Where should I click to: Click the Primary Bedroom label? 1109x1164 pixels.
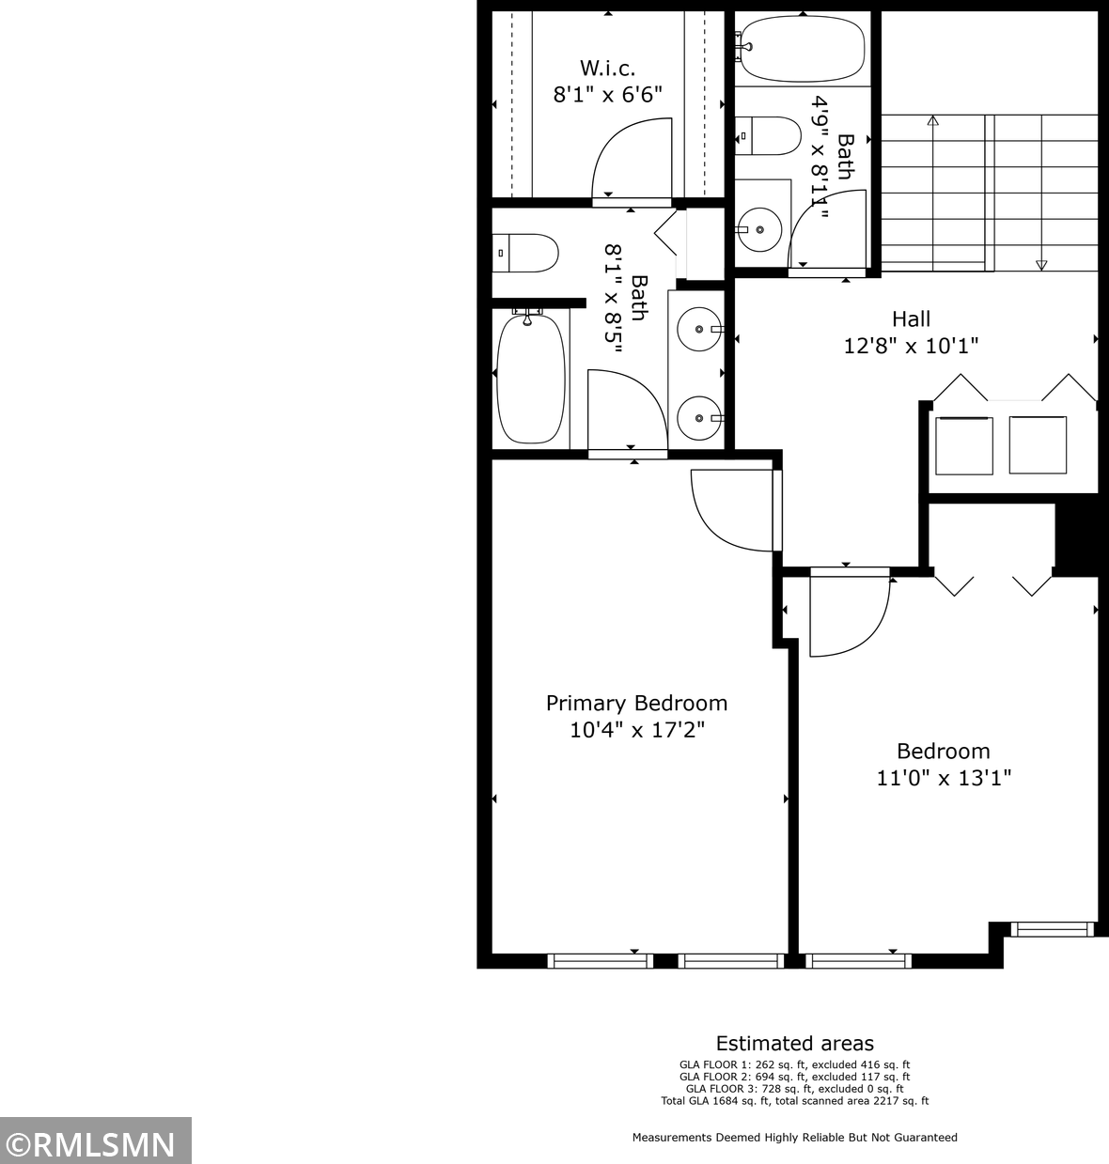pyautogui.click(x=636, y=703)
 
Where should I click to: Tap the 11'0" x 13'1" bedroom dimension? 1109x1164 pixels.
pyautogui.click(x=943, y=778)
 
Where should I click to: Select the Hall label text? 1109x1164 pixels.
pyautogui.click(x=911, y=318)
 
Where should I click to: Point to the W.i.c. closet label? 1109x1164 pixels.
pyautogui.click(x=607, y=68)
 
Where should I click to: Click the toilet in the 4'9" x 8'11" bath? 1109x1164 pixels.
pyautogui.click(x=767, y=136)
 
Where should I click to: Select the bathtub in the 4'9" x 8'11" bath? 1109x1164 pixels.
pyautogui.click(x=802, y=48)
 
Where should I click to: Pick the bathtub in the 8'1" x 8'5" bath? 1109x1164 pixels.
pyautogui.click(x=531, y=379)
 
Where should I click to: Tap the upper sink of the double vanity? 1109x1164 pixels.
pyautogui.click(x=700, y=329)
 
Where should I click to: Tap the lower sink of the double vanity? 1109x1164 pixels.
pyautogui.click(x=700, y=417)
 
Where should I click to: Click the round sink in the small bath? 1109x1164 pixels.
pyautogui.click(x=758, y=228)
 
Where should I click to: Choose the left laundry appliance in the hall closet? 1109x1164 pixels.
pyautogui.click(x=963, y=444)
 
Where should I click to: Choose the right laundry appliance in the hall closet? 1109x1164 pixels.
pyautogui.click(x=1038, y=444)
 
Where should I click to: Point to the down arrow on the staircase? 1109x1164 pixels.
pyautogui.click(x=1041, y=265)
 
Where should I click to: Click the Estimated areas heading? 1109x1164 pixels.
pyautogui.click(x=794, y=1043)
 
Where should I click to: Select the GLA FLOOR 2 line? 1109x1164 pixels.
pyautogui.click(x=794, y=1077)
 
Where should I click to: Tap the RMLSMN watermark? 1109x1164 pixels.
pyautogui.click(x=95, y=1143)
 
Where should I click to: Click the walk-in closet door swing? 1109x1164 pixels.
pyautogui.click(x=630, y=160)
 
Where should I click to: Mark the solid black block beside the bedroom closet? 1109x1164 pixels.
pyautogui.click(x=1076, y=537)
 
